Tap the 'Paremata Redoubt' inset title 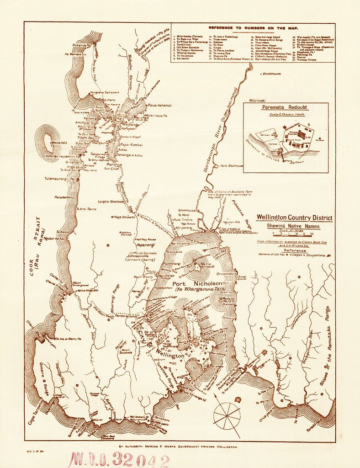[286, 107]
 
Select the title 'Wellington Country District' [294, 218]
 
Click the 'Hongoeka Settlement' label [105, 92]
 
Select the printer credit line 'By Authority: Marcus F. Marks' [178, 446]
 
